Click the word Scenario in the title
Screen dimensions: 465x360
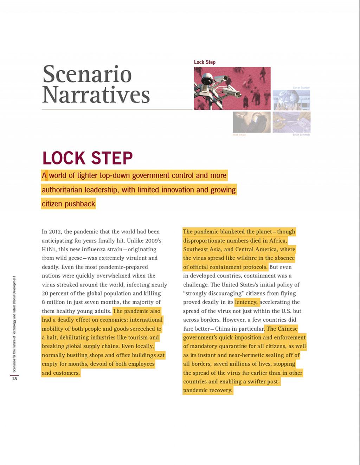click(x=87, y=74)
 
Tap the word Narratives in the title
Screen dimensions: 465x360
click(x=96, y=95)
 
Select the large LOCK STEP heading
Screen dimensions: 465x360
click(x=88, y=158)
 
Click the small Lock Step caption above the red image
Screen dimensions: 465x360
click(x=205, y=62)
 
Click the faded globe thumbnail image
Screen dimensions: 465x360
click(x=291, y=100)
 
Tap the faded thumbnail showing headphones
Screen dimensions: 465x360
click(x=251, y=122)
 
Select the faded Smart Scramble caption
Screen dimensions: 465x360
click(x=301, y=135)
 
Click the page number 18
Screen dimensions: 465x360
click(x=14, y=379)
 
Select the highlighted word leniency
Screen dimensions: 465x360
click(x=246, y=302)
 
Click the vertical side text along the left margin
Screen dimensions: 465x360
click(x=14, y=323)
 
